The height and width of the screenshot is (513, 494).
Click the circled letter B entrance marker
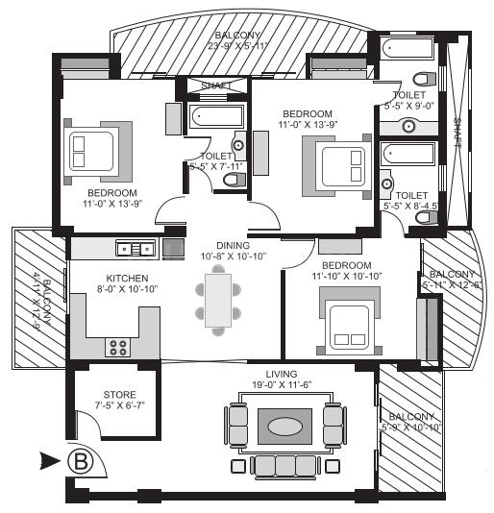pos(83,461)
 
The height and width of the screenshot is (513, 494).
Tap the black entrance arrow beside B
pos(51,461)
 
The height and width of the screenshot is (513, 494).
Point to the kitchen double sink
pos(135,249)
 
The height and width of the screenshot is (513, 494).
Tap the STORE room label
pos(119,395)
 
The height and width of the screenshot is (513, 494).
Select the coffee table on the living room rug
pos(284,426)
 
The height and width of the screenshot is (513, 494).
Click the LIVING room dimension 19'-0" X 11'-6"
pos(282,384)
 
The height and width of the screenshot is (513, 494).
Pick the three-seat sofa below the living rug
pos(284,465)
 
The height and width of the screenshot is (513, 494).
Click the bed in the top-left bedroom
pos(88,149)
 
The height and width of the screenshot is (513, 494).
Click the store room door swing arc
pos(80,422)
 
